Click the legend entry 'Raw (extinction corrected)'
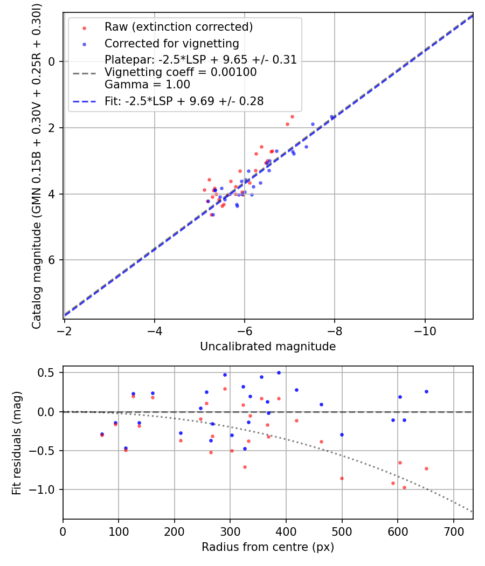(x=178, y=27)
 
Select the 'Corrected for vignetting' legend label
(x=171, y=43)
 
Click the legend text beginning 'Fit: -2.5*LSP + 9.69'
(x=184, y=101)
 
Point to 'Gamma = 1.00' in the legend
(x=147, y=85)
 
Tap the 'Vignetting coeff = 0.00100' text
(x=181, y=72)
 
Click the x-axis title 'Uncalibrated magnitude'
(x=268, y=347)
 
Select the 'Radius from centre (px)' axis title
(x=268, y=547)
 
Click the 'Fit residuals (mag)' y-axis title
(x=17, y=442)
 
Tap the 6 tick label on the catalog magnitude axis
(x=52, y=260)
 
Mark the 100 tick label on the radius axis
(x=119, y=530)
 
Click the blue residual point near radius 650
(x=426, y=391)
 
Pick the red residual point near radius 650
(x=426, y=468)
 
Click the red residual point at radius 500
(x=342, y=478)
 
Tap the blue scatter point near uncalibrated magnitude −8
(x=332, y=116)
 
